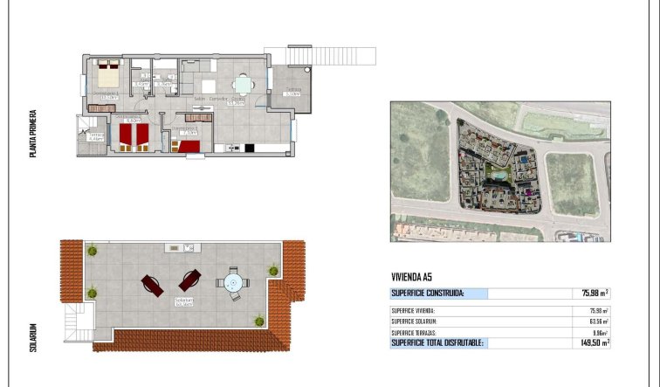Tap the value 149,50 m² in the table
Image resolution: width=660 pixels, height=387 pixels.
click(593, 343)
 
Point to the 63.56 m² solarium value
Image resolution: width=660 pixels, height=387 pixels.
click(595, 321)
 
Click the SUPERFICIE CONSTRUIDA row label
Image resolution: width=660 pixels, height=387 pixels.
click(428, 294)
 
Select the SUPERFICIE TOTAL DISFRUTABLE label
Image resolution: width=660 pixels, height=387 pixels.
click(436, 343)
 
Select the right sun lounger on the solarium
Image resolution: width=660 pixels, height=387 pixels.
click(189, 280)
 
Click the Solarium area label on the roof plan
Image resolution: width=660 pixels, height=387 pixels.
click(183, 302)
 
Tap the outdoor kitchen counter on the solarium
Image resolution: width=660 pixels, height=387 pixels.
click(184, 248)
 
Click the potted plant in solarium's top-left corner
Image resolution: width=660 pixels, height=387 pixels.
click(92, 252)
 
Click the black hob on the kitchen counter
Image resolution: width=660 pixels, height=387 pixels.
click(249, 147)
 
